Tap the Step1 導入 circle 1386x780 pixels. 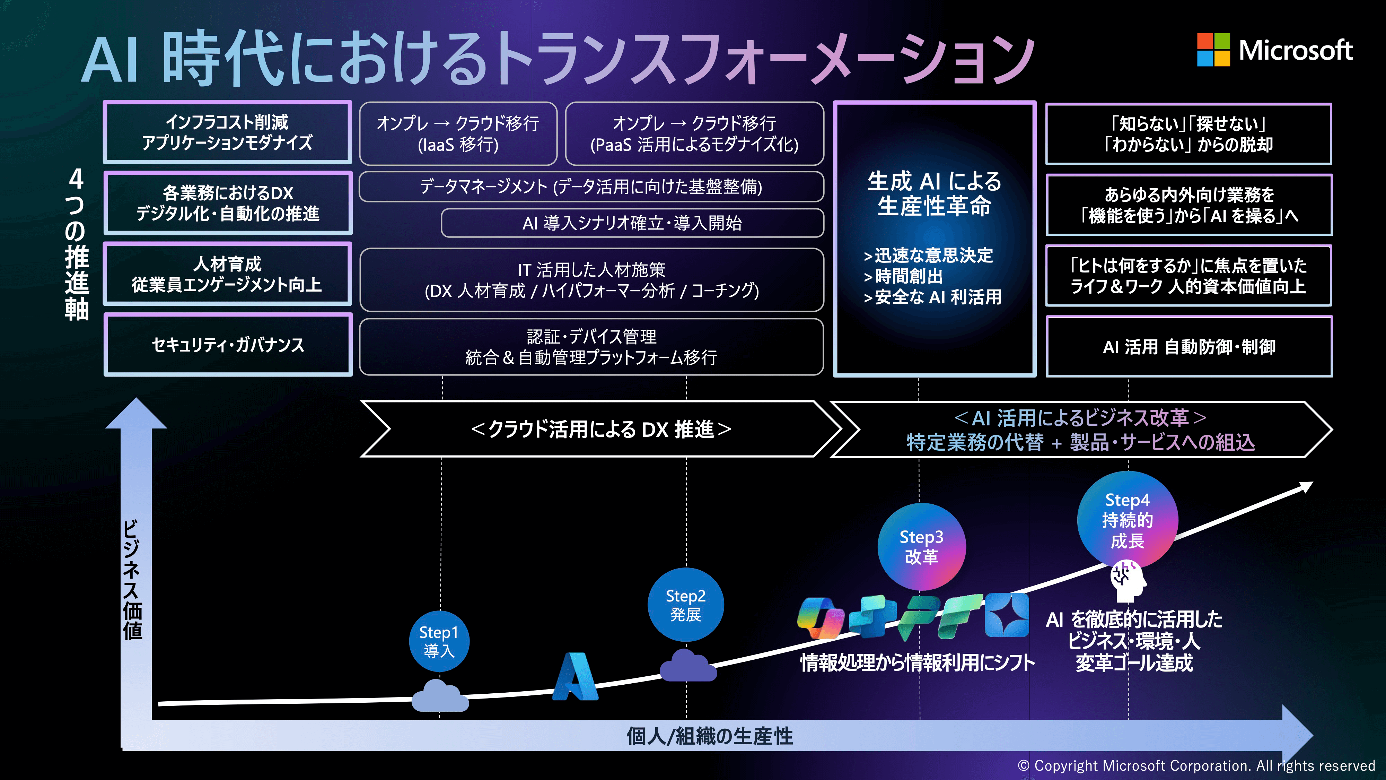439,641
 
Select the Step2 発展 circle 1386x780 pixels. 685,605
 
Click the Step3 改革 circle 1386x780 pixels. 921,546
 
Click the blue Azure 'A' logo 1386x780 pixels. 574,677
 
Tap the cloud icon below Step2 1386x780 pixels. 687,666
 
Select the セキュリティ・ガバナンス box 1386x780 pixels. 228,345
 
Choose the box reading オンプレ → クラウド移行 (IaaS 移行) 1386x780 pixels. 458,133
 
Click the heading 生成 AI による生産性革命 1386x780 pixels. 934,193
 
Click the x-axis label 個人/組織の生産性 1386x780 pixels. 709,736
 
